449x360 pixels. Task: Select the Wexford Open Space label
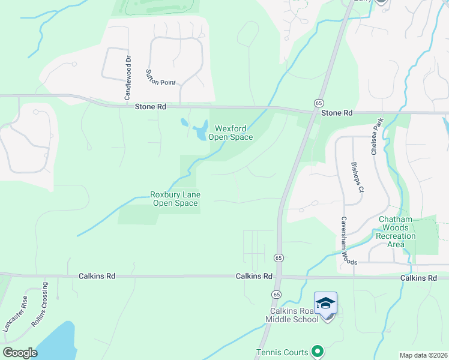click(x=231, y=133)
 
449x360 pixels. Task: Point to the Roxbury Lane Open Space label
click(x=175, y=199)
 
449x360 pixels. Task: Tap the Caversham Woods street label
click(x=349, y=241)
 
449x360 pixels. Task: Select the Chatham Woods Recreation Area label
click(x=396, y=232)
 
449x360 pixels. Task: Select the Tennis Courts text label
click(x=282, y=352)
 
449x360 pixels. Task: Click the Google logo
click(x=20, y=353)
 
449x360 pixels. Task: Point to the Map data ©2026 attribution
click(x=423, y=355)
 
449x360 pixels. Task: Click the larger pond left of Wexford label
click(x=199, y=131)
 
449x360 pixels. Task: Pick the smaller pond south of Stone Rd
click(x=183, y=123)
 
